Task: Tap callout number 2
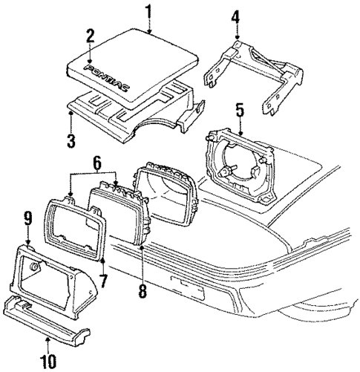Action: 90,36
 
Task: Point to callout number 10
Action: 49,361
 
